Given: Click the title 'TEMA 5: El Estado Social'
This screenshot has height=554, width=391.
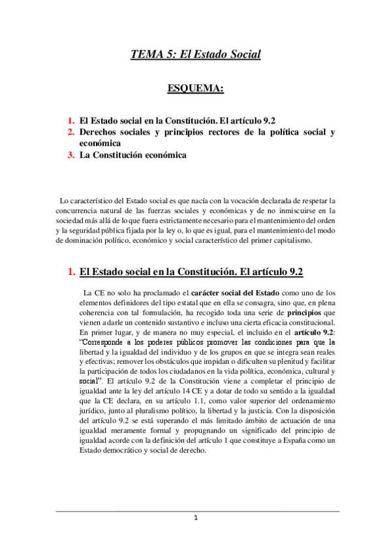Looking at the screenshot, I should tap(195, 54).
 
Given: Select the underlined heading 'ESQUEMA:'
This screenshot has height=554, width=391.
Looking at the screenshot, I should tap(195, 90).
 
